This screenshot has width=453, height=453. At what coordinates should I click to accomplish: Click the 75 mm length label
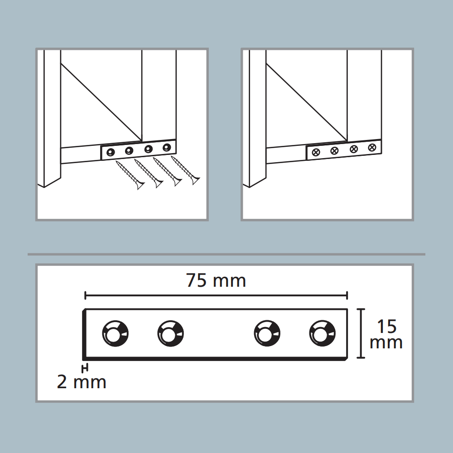[x=216, y=280]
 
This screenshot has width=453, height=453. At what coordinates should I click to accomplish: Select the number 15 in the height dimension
[x=386, y=326]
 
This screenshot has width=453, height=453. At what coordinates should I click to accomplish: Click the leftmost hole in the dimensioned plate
[x=115, y=333]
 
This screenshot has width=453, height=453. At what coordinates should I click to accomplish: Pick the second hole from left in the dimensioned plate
[x=171, y=333]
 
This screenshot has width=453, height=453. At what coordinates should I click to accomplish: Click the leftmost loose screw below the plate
[x=130, y=175]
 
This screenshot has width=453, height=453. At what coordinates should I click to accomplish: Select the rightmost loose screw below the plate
[x=185, y=170]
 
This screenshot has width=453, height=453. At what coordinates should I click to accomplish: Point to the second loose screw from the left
[x=149, y=173]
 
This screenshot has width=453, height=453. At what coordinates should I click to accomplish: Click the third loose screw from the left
[x=167, y=172]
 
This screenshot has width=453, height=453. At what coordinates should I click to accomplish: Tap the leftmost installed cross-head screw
[x=316, y=152]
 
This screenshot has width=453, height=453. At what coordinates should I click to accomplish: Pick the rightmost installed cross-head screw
[x=372, y=148]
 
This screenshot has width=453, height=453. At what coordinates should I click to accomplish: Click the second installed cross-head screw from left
[x=335, y=150]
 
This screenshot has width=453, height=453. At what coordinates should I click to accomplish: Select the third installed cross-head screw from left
[x=354, y=149]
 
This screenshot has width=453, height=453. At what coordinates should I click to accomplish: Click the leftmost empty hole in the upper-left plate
[x=111, y=152]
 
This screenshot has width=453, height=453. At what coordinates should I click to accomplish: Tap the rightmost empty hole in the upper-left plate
[x=167, y=148]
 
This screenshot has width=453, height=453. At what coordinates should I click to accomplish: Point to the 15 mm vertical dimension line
[x=361, y=333]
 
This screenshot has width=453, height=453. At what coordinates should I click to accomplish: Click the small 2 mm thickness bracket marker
[x=85, y=368]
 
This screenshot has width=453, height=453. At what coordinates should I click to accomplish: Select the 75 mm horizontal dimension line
[x=216, y=295]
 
